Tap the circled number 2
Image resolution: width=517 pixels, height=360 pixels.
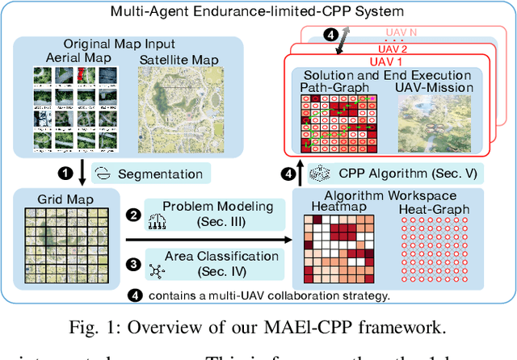tap(135, 216)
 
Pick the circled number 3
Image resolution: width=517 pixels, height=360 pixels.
tap(135, 264)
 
